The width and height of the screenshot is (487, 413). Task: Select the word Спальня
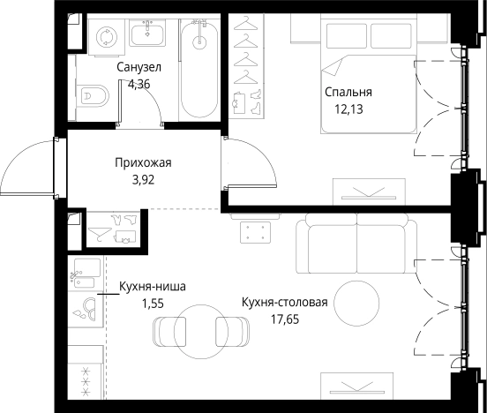[348, 92]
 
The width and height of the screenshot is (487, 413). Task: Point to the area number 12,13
[348, 109]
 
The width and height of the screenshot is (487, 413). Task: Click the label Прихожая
[141, 162]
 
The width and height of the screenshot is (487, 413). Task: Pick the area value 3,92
[141, 180]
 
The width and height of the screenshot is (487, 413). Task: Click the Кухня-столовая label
[284, 303]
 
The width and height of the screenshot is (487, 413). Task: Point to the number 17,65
[284, 319]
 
